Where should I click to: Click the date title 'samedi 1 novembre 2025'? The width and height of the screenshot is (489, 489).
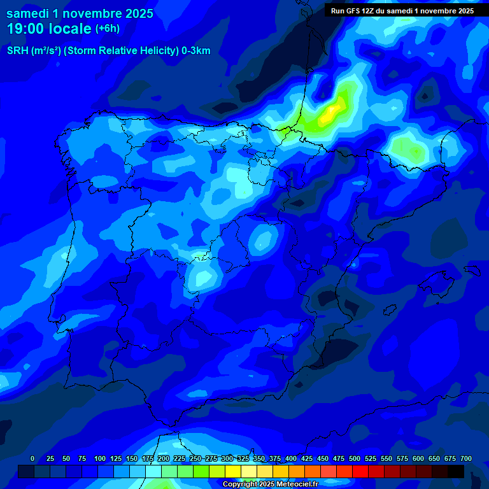pyautogui.click(x=80, y=13)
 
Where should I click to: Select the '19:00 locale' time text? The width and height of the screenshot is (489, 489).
pyautogui.click(x=50, y=29)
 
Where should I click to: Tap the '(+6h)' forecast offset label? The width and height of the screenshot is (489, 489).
pyautogui.click(x=107, y=29)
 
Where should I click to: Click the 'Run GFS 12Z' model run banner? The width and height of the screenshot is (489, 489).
pyautogui.click(x=402, y=10)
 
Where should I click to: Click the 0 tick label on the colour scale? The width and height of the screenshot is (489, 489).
pyautogui.click(x=32, y=458)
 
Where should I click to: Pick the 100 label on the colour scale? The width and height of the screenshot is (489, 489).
pyautogui.click(x=100, y=458)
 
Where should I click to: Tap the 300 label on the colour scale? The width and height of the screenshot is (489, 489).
pyautogui.click(x=227, y=458)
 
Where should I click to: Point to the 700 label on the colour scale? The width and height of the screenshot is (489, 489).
pyautogui.click(x=466, y=458)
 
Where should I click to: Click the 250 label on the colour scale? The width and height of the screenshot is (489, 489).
pyautogui.click(x=195, y=458)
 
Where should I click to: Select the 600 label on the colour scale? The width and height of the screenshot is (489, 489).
pyautogui.click(x=418, y=458)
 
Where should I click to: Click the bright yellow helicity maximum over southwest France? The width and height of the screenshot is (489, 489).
pyautogui.click(x=332, y=113)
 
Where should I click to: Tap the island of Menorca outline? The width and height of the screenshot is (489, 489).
pyautogui.click(x=472, y=270)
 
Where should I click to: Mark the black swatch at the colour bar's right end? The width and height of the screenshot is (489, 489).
pyautogui.click(x=456, y=471)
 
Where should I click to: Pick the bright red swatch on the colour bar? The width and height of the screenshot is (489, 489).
pyautogui.click(x=360, y=471)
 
